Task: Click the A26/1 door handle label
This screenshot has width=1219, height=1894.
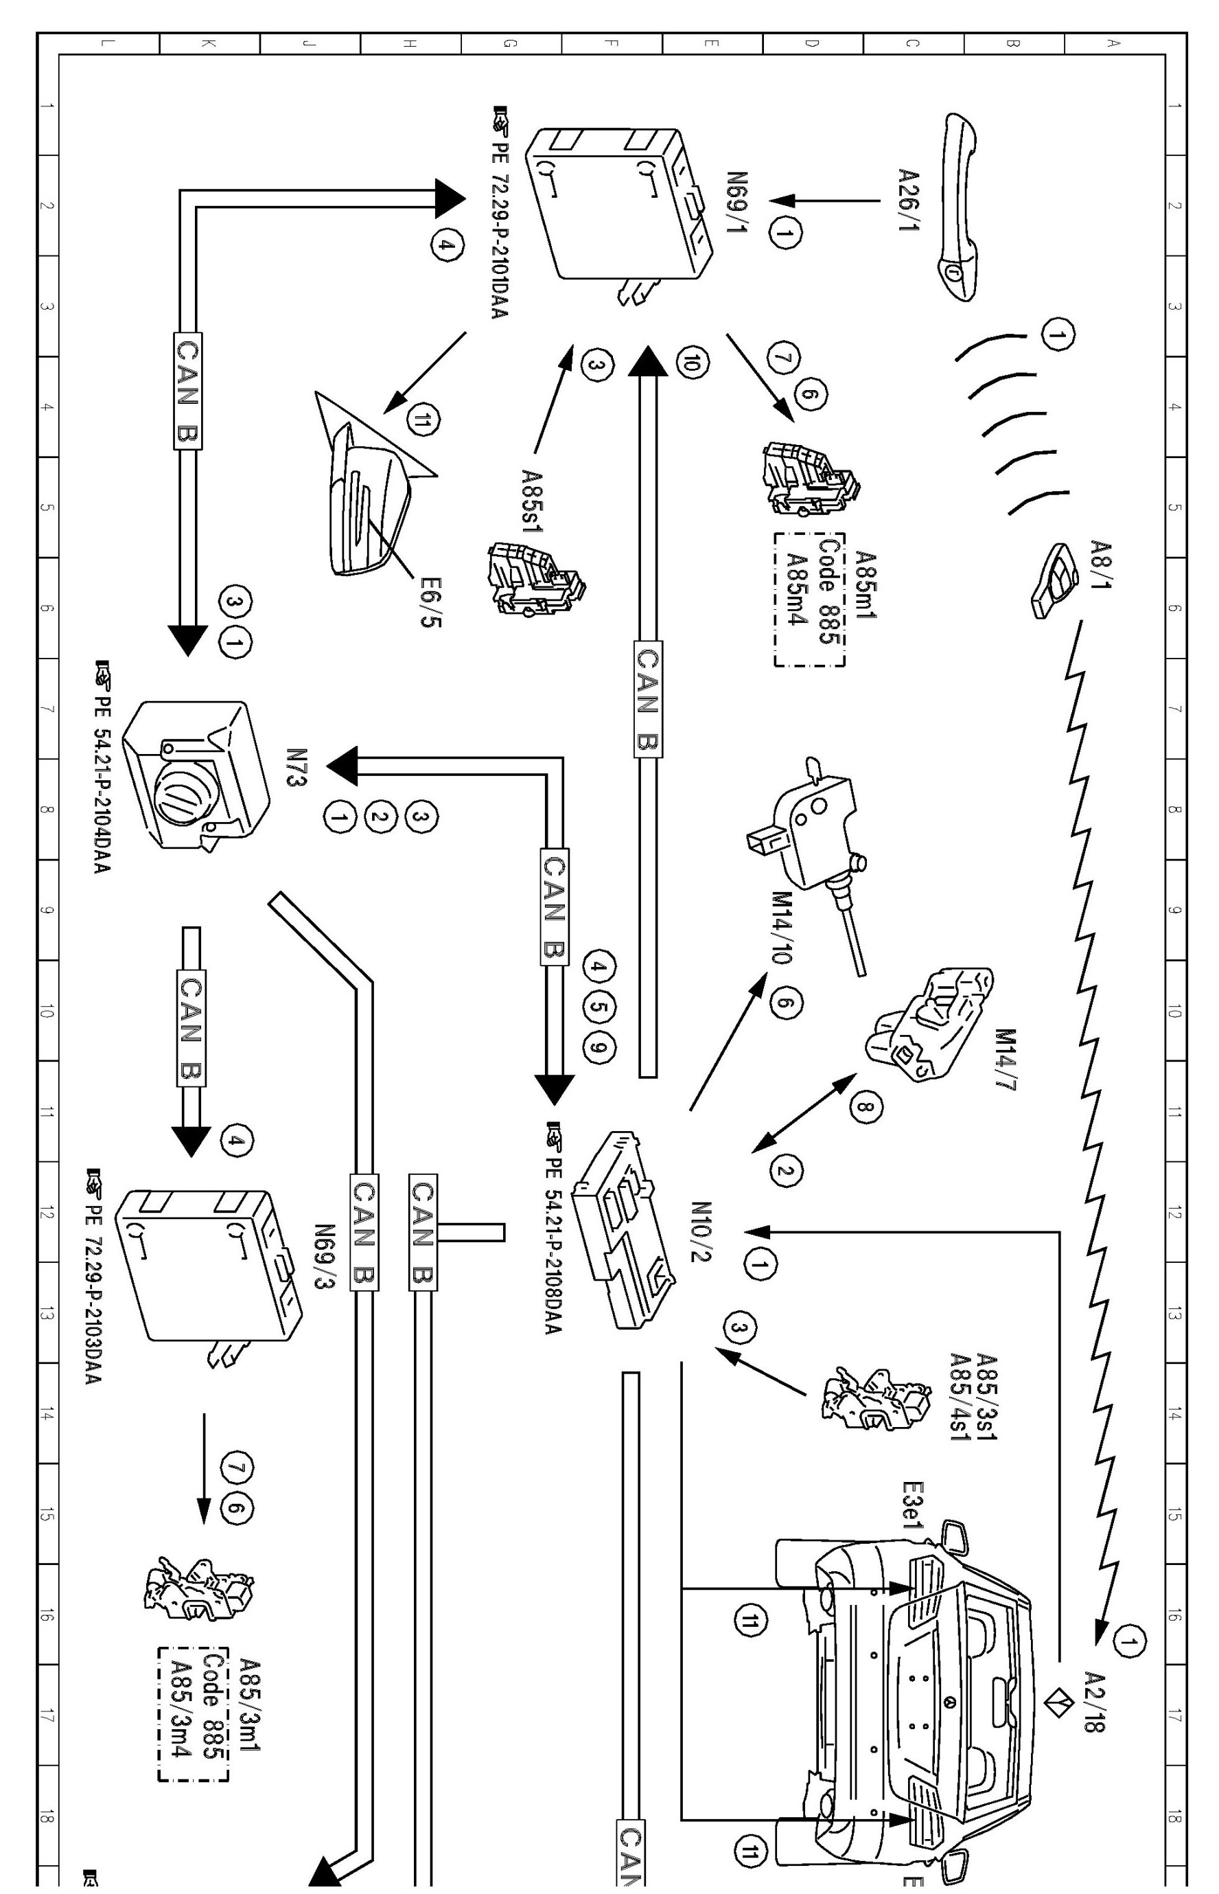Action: click(909, 200)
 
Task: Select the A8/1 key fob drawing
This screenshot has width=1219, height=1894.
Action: click(1055, 580)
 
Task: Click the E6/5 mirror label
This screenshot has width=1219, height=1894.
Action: click(432, 602)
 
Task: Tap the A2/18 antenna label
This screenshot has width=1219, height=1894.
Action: click(1092, 1702)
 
